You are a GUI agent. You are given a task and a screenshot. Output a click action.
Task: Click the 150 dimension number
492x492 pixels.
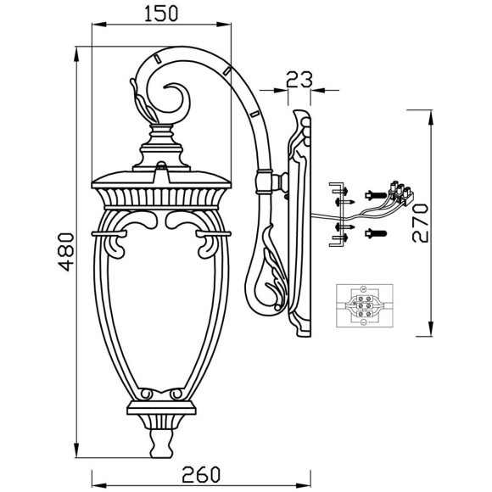pyautogui.click(x=161, y=14)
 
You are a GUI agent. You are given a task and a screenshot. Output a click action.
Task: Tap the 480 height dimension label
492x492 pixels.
pyautogui.click(x=66, y=252)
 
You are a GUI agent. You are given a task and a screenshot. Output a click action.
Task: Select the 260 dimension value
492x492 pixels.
pyautogui.click(x=201, y=474)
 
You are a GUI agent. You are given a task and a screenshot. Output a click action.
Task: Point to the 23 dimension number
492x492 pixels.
pyautogui.click(x=299, y=80)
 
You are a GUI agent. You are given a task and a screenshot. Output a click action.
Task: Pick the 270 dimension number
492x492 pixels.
pyautogui.click(x=420, y=223)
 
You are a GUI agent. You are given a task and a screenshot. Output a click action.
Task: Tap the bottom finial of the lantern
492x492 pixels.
pyautogui.click(x=161, y=444)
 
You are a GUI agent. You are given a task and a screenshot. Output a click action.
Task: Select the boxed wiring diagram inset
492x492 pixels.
pyautogui.click(x=364, y=305)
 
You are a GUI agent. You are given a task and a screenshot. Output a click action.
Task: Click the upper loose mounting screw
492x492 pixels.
pyautogui.click(x=376, y=195)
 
